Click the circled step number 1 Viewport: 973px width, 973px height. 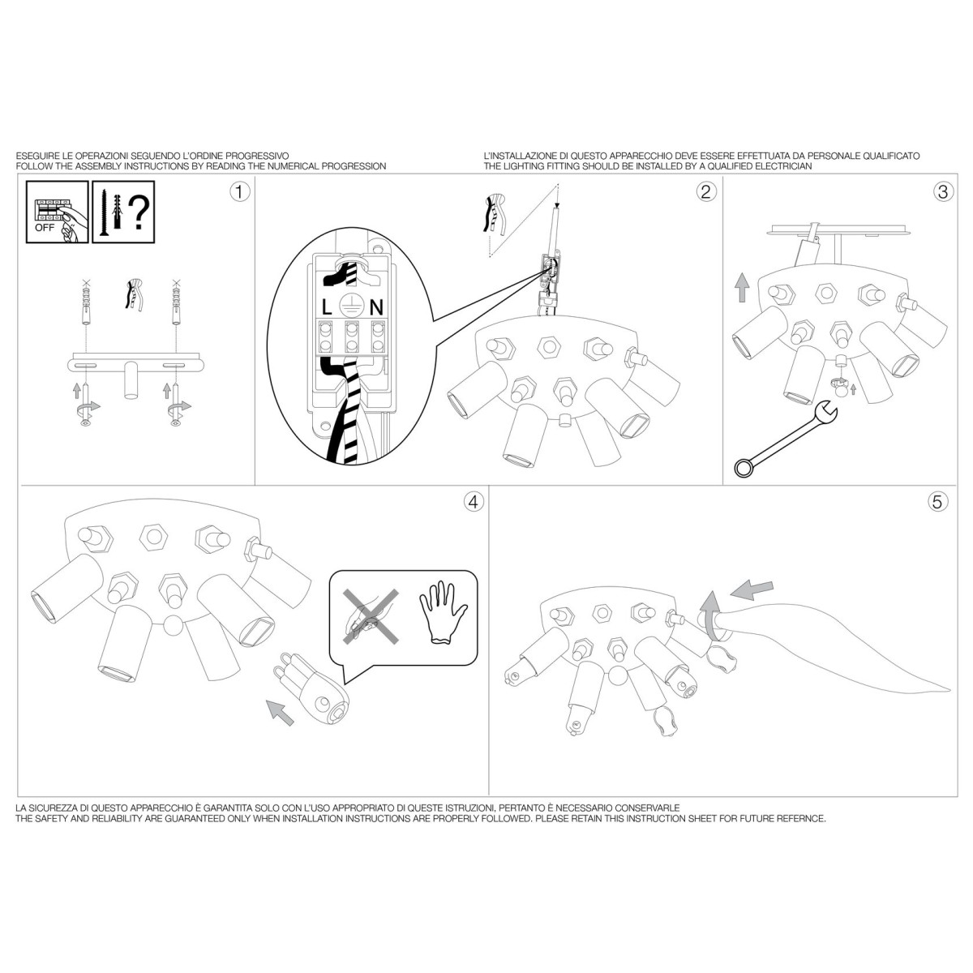click(x=240, y=192)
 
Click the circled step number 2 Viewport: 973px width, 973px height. click(x=706, y=192)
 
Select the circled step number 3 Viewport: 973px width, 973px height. click(x=943, y=192)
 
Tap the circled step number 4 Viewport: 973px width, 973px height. click(x=473, y=502)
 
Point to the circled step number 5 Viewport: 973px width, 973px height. click(x=937, y=502)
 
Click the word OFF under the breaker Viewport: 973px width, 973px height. click(x=45, y=228)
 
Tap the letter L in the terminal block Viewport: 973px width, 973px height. click(x=327, y=307)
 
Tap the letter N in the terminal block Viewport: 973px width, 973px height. click(x=377, y=307)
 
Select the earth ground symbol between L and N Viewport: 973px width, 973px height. click(x=349, y=305)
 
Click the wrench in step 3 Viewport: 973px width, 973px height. click(x=786, y=439)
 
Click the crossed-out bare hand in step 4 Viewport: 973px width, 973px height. click(x=371, y=616)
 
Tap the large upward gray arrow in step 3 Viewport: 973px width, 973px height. click(x=742, y=287)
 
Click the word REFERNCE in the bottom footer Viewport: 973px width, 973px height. click(x=801, y=818)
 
